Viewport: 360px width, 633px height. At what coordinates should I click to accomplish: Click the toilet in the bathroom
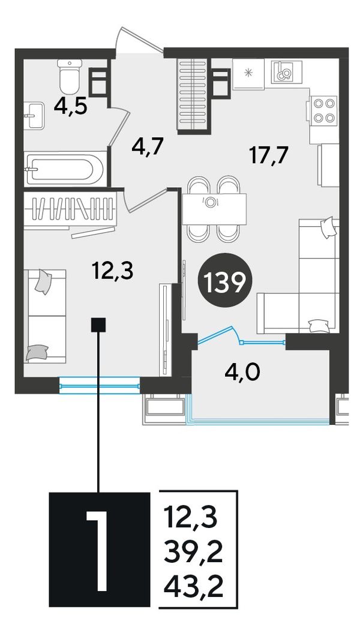tap(70, 75)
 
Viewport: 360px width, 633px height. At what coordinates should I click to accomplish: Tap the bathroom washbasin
tap(34, 115)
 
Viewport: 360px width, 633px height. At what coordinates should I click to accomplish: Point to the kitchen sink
tap(286, 71)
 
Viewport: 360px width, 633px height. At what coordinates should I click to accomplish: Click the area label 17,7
tap(269, 156)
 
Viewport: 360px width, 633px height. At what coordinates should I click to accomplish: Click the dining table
tap(214, 209)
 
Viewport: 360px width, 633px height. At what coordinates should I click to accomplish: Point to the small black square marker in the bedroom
tap(98, 325)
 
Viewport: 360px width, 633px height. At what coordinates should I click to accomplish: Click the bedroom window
tap(99, 386)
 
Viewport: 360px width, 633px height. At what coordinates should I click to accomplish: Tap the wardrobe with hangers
tap(70, 208)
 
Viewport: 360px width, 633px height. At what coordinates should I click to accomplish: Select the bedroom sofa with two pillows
tap(45, 317)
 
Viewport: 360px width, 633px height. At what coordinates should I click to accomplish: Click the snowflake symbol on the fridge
tap(248, 73)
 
